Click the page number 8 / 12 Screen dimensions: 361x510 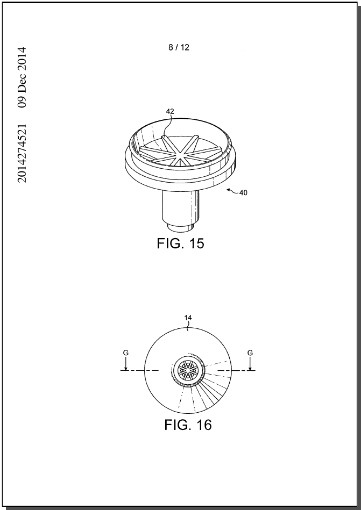point(179,47)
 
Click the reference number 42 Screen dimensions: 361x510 point(170,111)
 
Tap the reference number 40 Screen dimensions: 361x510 point(243,192)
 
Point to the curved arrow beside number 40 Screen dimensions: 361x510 point(232,190)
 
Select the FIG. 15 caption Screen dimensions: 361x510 point(180,243)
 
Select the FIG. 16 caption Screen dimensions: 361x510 point(188,425)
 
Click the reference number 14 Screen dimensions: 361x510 point(188,318)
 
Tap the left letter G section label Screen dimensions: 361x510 point(126,353)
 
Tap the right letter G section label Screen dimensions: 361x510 point(250,353)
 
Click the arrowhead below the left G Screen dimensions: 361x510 point(126,368)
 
